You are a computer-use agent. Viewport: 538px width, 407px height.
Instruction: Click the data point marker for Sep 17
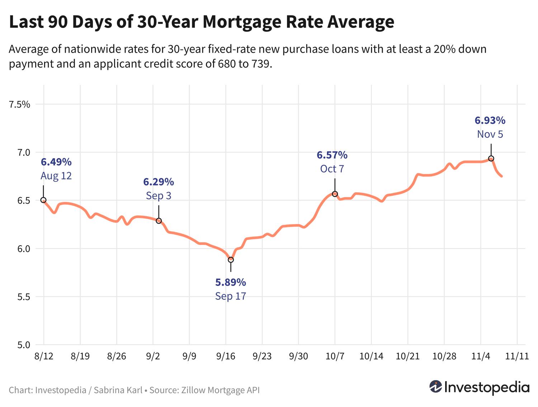click(x=231, y=260)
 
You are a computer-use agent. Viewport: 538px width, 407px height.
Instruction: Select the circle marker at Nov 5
click(x=491, y=159)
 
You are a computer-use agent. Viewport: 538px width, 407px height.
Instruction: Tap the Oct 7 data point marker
click(x=335, y=194)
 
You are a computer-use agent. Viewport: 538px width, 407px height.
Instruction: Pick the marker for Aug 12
click(x=43, y=200)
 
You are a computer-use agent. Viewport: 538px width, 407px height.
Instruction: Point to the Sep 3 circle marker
click(x=159, y=221)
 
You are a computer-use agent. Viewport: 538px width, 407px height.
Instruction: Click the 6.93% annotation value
click(x=490, y=120)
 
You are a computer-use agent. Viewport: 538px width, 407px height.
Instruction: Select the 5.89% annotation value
click(x=231, y=282)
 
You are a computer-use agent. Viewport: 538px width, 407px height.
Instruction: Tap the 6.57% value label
click(x=332, y=155)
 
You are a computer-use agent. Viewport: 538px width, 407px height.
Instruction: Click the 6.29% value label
click(x=159, y=182)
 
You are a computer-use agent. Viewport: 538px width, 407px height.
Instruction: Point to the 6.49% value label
click(x=56, y=162)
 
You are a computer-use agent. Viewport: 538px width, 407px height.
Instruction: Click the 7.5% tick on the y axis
click(x=19, y=105)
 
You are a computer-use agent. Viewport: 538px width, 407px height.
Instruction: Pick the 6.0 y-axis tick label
click(x=22, y=249)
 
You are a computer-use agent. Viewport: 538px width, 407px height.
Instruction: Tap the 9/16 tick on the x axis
click(x=226, y=356)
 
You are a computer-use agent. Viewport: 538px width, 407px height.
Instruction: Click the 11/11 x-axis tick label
click(x=516, y=356)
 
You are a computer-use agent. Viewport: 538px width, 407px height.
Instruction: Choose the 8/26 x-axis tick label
click(x=117, y=356)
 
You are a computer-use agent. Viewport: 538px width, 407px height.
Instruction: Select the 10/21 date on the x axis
click(x=407, y=356)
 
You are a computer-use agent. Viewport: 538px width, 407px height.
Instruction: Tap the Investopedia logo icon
click(x=436, y=387)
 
